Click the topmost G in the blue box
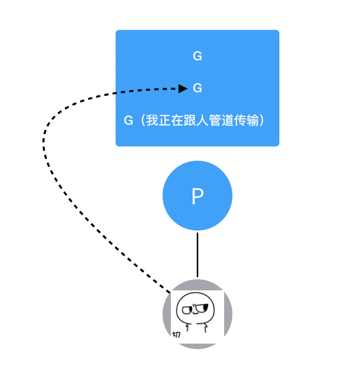198,56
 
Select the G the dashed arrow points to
198,88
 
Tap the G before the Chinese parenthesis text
128,121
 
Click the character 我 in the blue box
152,121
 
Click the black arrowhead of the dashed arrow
183,89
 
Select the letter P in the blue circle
197,197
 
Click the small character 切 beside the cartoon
176,334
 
